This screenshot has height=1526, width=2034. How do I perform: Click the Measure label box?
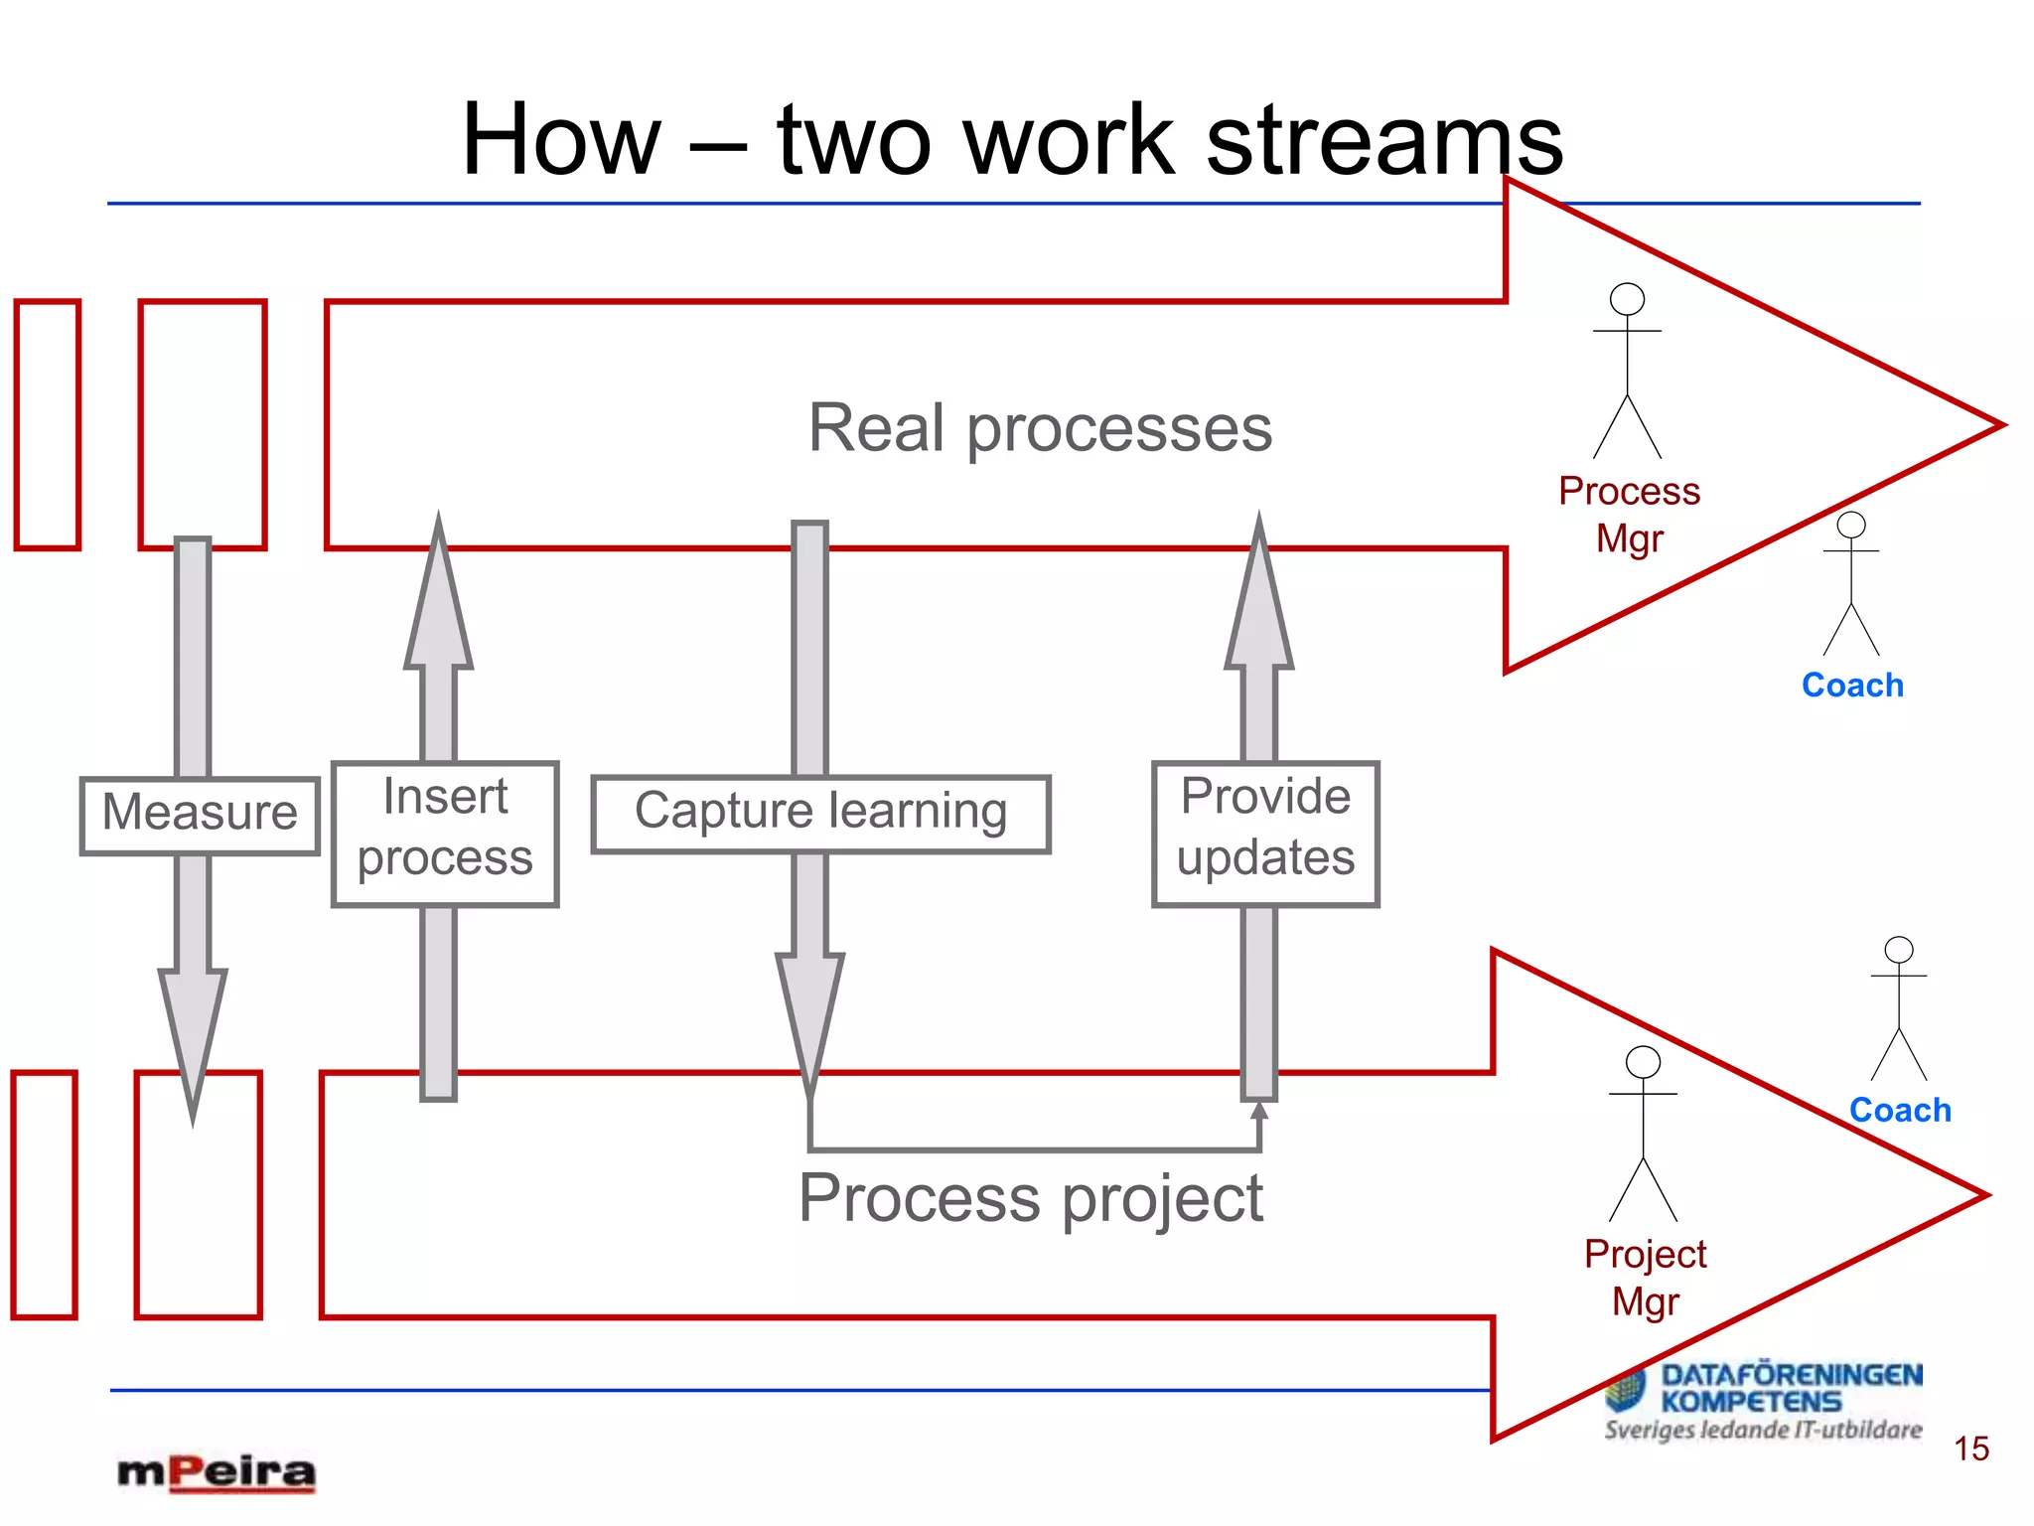[x=200, y=815]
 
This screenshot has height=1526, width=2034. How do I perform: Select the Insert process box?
[x=445, y=833]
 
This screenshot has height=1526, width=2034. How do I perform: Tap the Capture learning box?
[x=820, y=814]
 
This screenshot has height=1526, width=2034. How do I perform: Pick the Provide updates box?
[x=1265, y=833]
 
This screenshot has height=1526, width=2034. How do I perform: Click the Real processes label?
[x=1040, y=428]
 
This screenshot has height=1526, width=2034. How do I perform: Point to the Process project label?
[x=1031, y=1198]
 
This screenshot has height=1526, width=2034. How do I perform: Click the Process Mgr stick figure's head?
[x=1627, y=299]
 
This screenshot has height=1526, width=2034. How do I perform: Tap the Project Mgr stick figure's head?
[x=1643, y=1062]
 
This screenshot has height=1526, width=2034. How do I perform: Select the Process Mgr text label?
[x=1629, y=515]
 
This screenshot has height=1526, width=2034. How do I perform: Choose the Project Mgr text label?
[x=1645, y=1278]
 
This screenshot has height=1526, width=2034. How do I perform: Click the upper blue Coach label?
[x=1852, y=686]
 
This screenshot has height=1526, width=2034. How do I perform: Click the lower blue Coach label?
[x=1900, y=1110]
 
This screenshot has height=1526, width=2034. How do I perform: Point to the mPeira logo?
[x=217, y=1472]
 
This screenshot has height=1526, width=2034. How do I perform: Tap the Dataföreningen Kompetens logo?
[x=1764, y=1401]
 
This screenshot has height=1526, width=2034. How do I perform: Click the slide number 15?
[x=1971, y=1449]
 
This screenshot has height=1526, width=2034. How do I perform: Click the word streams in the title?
[x=1384, y=141]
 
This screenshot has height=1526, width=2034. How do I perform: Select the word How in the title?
[x=561, y=141]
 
